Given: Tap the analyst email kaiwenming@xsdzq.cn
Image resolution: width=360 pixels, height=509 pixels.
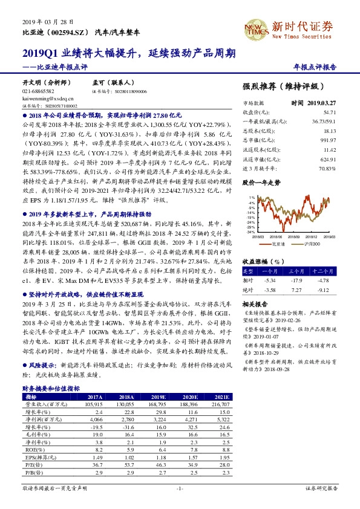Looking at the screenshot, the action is click(x=48, y=97).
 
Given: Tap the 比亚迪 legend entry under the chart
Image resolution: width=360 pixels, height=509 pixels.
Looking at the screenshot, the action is click(x=277, y=244).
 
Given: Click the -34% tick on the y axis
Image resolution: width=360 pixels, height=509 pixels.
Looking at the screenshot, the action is click(x=250, y=232).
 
